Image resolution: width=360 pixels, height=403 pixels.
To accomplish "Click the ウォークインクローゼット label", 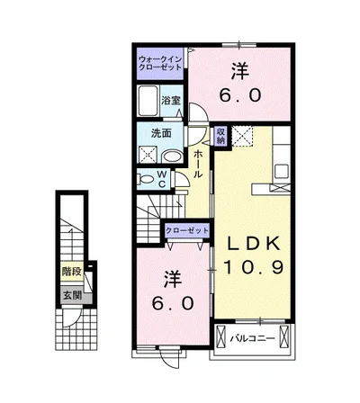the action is coord(160,63).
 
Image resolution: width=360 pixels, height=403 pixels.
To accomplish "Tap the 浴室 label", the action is coord(171,101).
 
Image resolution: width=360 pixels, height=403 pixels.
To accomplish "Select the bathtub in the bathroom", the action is coord(148,101).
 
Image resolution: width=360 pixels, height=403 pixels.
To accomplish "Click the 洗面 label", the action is coord(161,133).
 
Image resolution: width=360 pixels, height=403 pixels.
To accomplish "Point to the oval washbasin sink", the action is coord(172,157).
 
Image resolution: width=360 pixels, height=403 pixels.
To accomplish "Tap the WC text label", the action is coord(162,179).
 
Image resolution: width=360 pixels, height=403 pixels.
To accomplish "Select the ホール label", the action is coord(197,164).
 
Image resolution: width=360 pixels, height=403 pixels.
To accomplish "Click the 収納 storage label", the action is coord(221,136).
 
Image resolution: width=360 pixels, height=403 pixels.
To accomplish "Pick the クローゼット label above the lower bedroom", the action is coord(187,230).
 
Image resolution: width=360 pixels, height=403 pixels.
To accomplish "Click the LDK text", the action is coord(253,244).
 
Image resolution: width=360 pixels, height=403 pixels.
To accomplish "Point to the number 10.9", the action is coord(253,267).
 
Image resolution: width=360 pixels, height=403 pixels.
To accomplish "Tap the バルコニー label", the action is coord(252,339).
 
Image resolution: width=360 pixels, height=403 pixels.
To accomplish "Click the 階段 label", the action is coord(71,272).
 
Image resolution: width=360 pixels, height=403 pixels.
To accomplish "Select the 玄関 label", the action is coord(72,295).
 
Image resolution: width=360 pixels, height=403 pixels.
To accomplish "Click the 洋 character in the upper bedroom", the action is coord(240,70).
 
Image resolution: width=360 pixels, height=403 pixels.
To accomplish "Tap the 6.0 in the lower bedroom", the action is coord(173,303).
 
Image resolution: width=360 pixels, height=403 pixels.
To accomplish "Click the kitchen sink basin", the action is coord(282,172).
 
